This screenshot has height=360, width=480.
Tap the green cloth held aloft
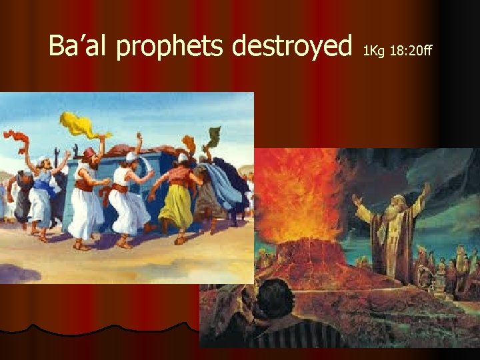click(x=214, y=136)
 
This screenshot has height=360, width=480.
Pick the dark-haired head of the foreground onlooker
click(x=273, y=300)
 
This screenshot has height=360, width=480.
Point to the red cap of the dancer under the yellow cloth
click(x=89, y=153)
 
